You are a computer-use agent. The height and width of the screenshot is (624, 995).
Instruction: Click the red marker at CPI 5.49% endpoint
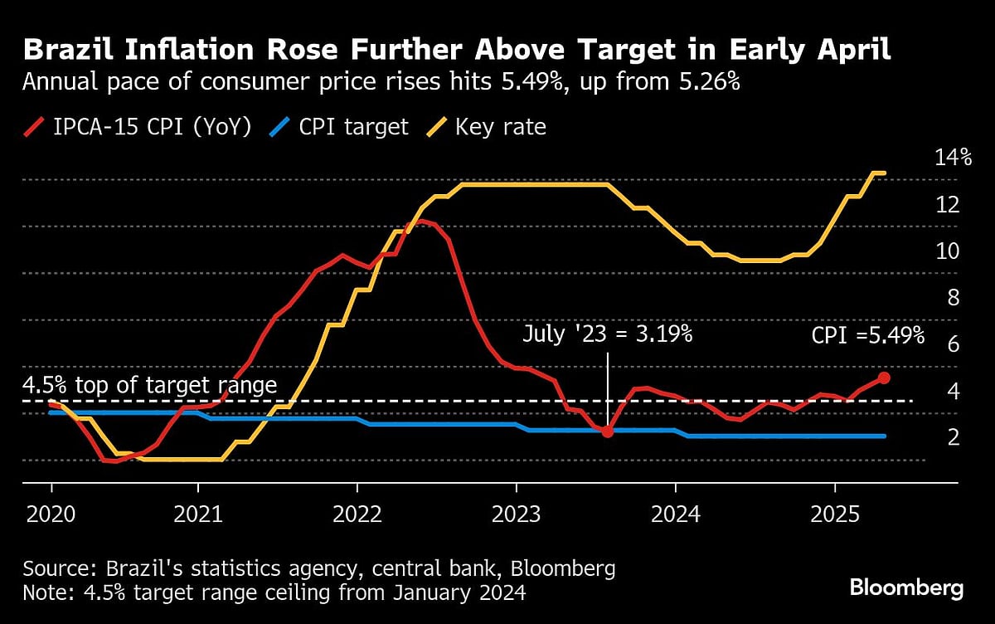[884, 378]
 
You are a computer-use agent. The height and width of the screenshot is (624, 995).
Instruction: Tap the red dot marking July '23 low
[608, 431]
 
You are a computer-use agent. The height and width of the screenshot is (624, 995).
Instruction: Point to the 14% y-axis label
[941, 157]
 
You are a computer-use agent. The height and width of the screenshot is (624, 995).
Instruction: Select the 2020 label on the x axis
[51, 514]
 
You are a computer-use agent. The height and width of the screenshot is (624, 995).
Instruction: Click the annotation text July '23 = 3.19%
[608, 334]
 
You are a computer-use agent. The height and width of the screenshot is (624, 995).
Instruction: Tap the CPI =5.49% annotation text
[867, 335]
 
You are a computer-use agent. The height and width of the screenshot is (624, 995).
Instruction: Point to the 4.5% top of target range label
[149, 386]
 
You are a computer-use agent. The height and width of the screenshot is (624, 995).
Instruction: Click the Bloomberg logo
[906, 588]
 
